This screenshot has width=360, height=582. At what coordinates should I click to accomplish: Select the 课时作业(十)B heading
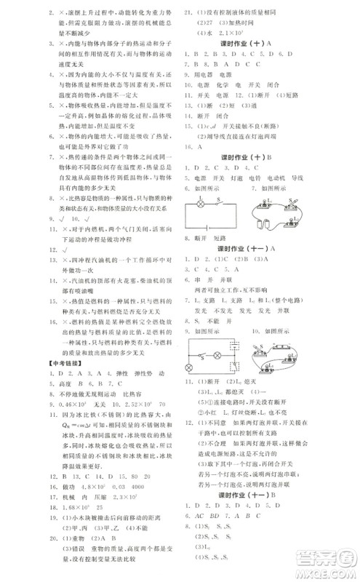coord(252,157)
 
